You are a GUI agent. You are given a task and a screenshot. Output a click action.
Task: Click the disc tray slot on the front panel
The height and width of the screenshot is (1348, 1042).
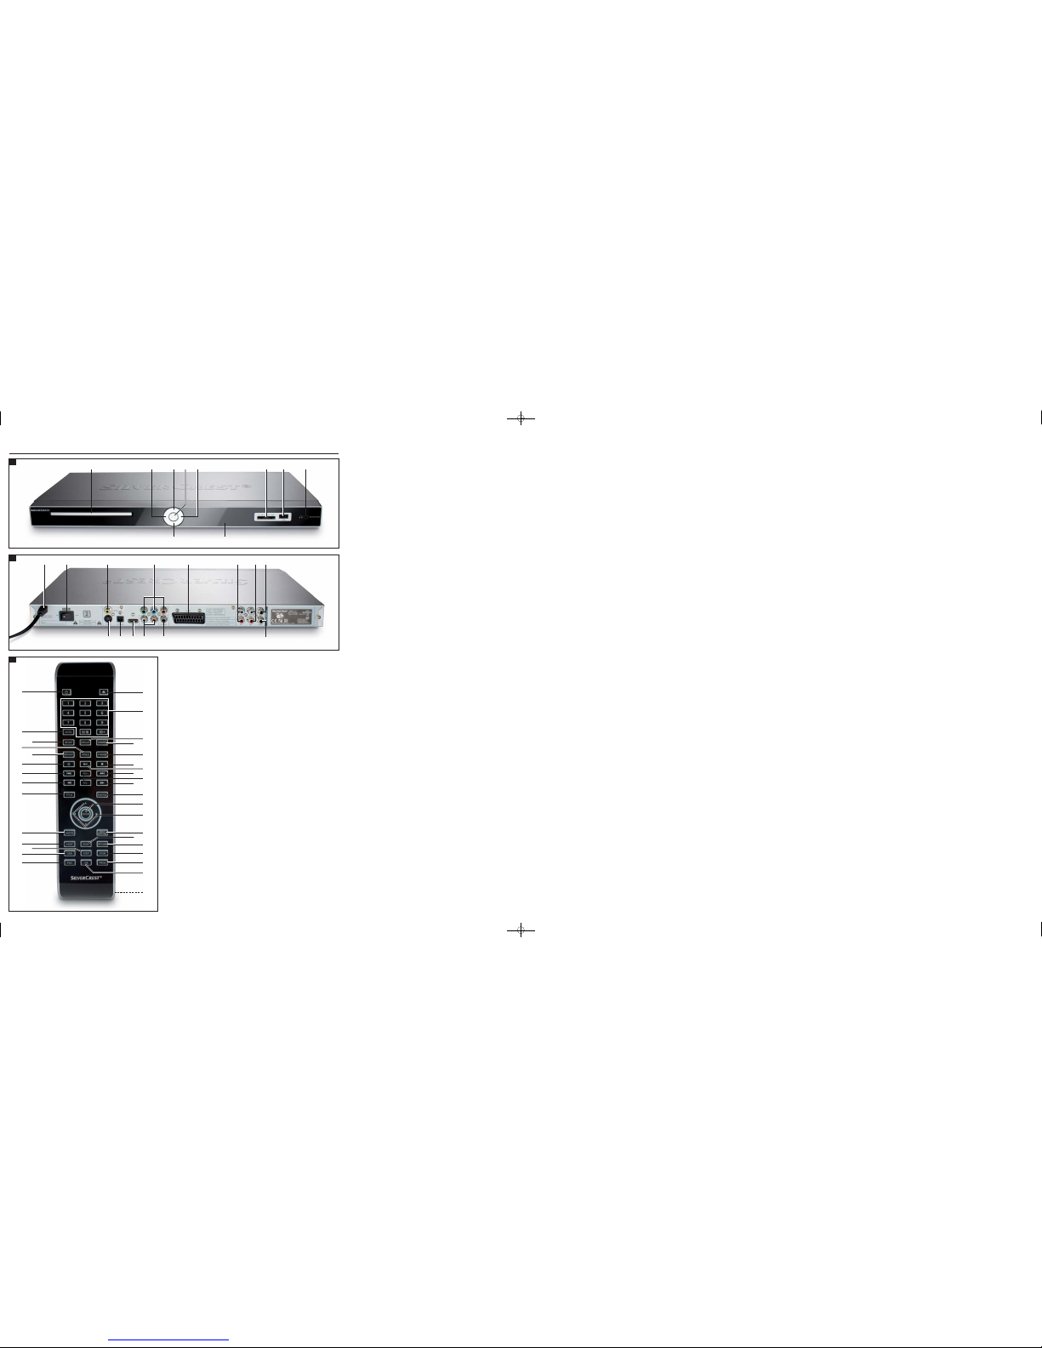click(83, 515)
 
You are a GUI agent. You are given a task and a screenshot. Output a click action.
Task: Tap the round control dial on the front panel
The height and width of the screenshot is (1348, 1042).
click(174, 515)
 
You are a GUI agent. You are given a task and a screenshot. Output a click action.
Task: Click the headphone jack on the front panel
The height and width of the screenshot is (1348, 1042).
click(304, 516)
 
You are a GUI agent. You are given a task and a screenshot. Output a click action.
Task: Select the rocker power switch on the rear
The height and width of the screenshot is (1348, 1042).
click(65, 610)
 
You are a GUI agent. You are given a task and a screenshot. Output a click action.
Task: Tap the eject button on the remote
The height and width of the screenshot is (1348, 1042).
click(102, 691)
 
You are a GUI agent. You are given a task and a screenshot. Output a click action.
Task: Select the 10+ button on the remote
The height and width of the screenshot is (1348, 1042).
click(101, 731)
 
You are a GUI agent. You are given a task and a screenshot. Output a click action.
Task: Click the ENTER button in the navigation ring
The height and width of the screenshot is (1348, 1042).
click(84, 812)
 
